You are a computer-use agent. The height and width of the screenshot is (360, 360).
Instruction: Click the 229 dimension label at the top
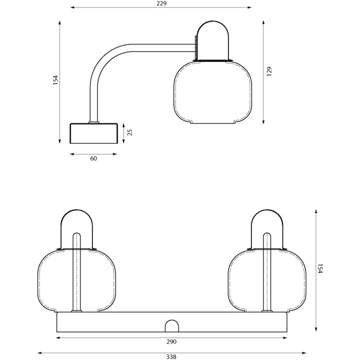(x=161, y=3)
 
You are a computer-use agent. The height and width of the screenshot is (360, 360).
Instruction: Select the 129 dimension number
(x=269, y=71)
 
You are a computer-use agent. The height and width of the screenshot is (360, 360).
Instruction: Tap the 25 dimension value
(x=129, y=132)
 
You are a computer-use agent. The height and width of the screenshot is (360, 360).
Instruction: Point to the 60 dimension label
(x=93, y=158)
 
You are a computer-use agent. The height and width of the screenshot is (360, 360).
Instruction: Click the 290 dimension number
(x=171, y=341)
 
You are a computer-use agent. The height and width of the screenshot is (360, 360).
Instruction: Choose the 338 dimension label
(x=171, y=356)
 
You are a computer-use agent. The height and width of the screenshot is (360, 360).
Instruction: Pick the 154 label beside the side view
(x=55, y=80)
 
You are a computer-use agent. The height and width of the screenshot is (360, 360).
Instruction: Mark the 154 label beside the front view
(x=320, y=268)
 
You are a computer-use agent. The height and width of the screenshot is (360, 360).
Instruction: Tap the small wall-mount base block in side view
(x=93, y=133)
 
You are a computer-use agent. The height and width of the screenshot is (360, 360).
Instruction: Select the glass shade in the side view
(x=213, y=92)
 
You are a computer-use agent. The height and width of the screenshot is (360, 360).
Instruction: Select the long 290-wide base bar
(x=172, y=322)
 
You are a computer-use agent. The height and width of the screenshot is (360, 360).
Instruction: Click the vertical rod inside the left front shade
(x=76, y=272)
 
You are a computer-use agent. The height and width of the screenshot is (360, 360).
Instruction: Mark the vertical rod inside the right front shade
(x=267, y=272)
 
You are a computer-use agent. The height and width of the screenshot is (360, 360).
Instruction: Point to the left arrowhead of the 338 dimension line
(x=39, y=353)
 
